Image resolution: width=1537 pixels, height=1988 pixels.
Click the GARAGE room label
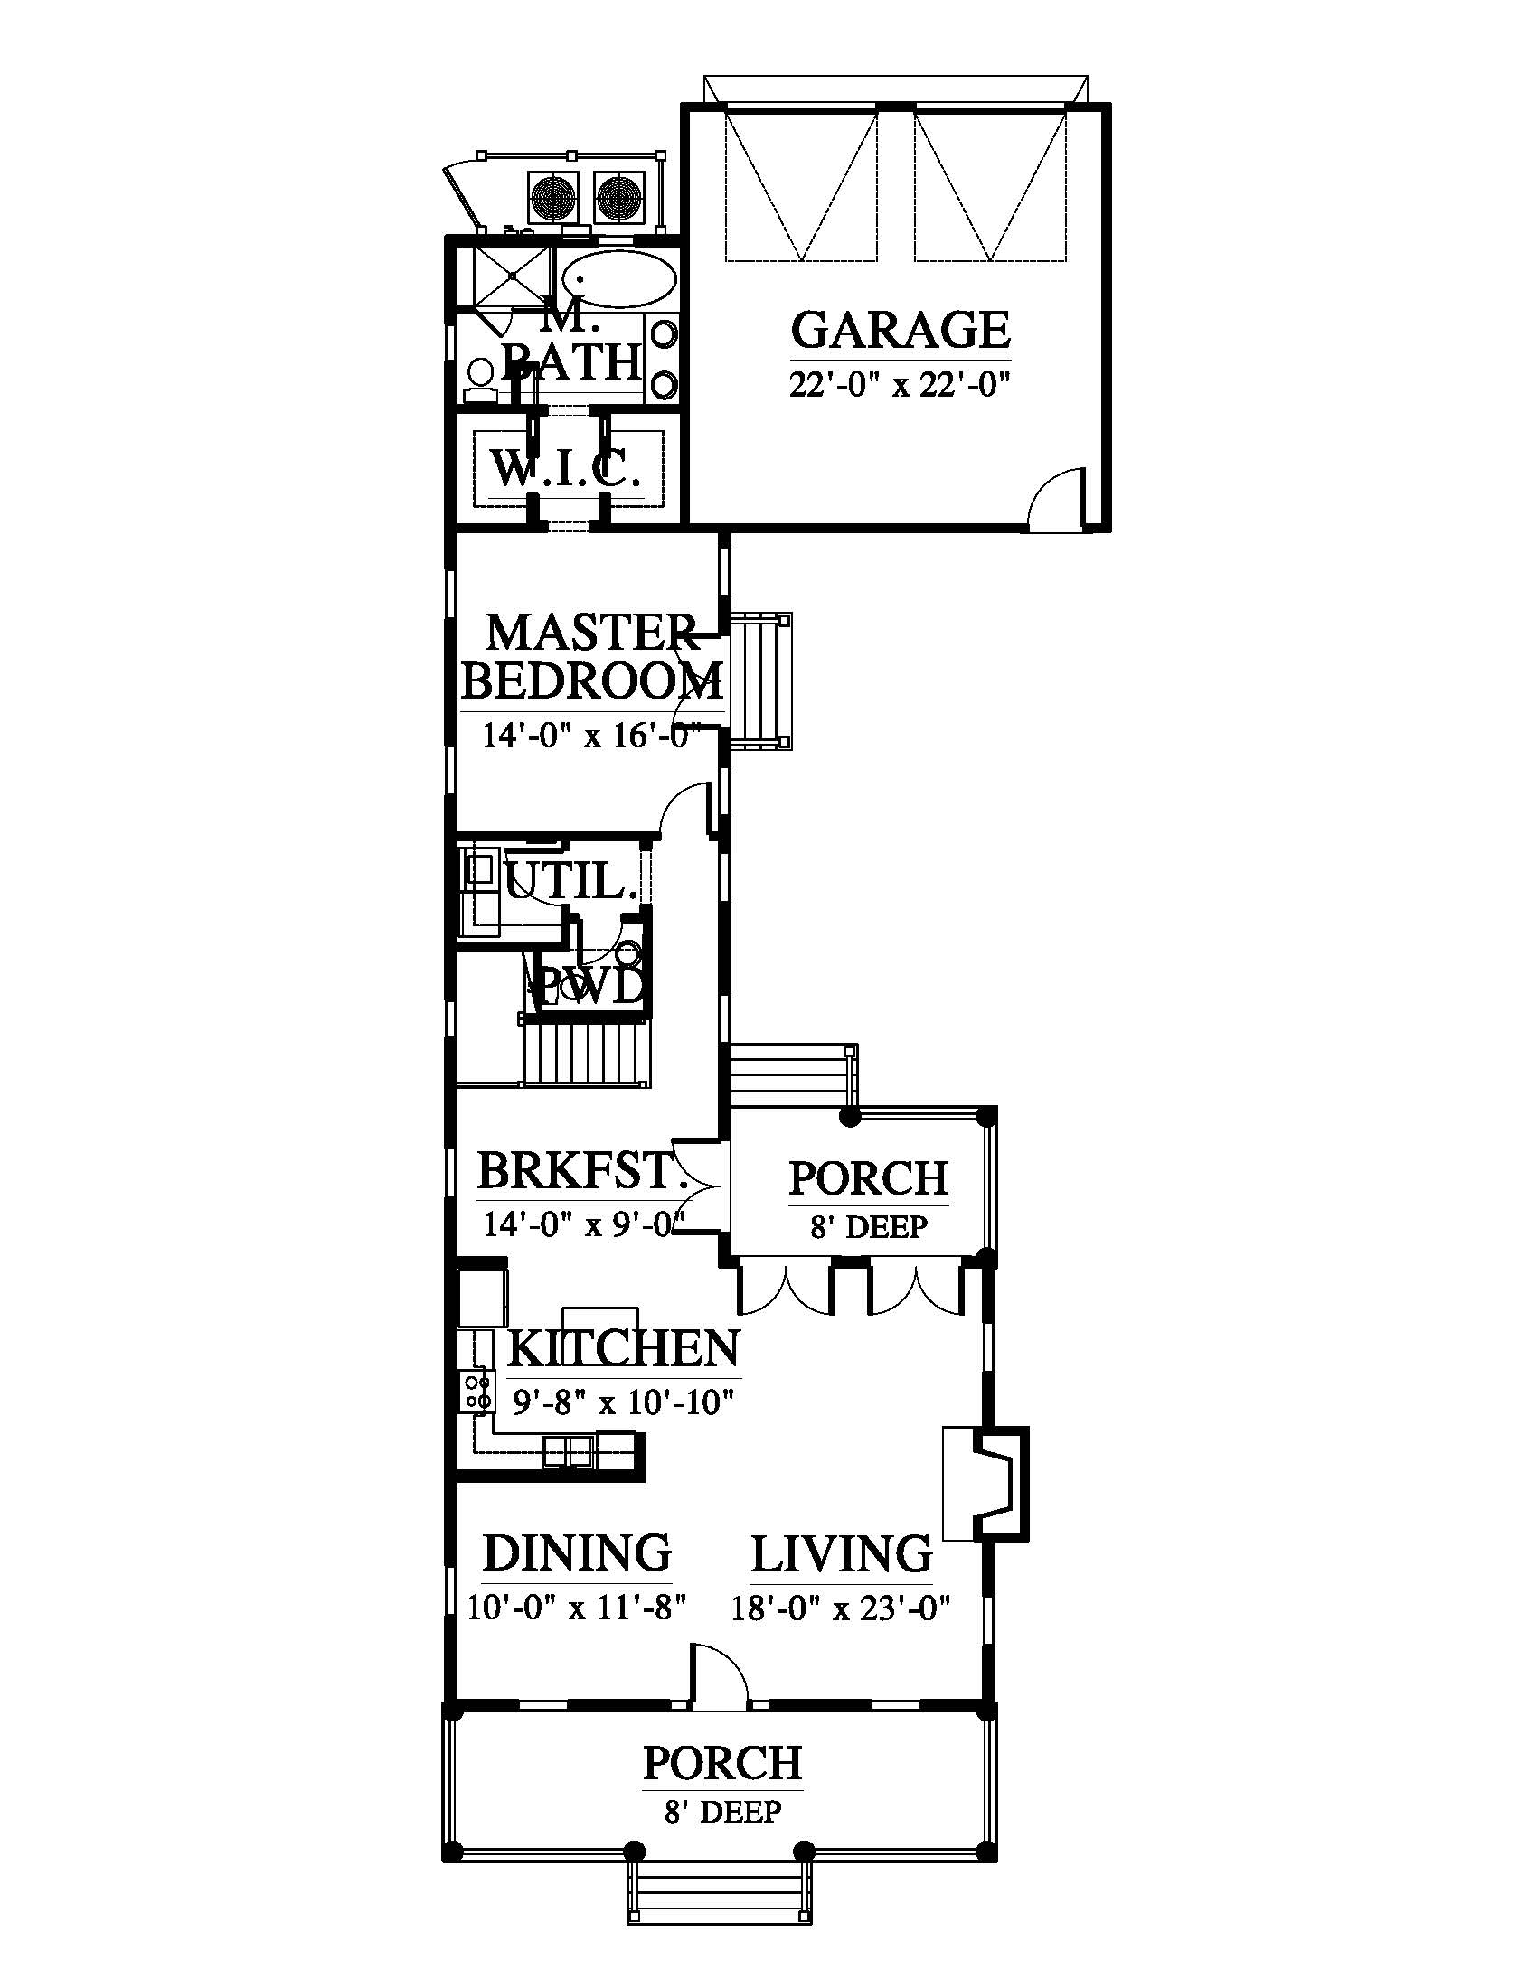(x=901, y=331)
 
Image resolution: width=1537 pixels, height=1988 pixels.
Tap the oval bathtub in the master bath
(x=619, y=278)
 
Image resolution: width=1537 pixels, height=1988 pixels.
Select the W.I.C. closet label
(x=561, y=469)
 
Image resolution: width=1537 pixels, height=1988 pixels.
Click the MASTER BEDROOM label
(x=593, y=656)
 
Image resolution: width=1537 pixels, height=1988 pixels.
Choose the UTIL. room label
(x=570, y=880)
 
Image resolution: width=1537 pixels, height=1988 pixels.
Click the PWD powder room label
(x=589, y=987)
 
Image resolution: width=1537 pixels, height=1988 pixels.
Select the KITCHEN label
(x=623, y=1348)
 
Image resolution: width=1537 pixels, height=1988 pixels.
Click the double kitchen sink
(x=569, y=1451)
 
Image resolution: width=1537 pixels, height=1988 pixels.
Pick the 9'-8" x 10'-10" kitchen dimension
(x=623, y=1402)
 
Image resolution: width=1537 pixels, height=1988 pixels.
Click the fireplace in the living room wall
(x=985, y=1484)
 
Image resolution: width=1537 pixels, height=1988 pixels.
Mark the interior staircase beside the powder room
(x=588, y=1052)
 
